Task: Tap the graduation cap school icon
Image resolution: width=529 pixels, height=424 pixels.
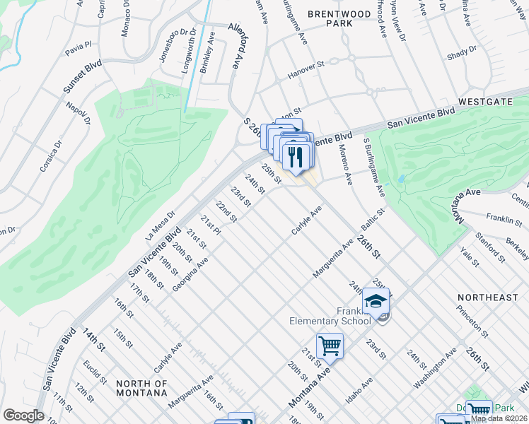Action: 376,302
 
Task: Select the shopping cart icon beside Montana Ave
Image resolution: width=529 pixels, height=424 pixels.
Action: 330,346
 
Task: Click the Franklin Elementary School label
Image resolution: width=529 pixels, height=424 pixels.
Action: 330,316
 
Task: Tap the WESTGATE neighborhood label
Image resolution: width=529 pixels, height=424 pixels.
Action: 484,102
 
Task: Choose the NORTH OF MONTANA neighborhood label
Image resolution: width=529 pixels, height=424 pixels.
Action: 142,389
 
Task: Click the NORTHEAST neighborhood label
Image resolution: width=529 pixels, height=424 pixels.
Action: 487,298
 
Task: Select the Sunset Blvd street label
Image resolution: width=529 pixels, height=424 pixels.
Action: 82,76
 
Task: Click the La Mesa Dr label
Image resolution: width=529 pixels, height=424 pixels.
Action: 160,224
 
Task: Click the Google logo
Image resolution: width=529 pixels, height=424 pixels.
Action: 23,416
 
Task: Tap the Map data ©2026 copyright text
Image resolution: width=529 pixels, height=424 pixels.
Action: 499,418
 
